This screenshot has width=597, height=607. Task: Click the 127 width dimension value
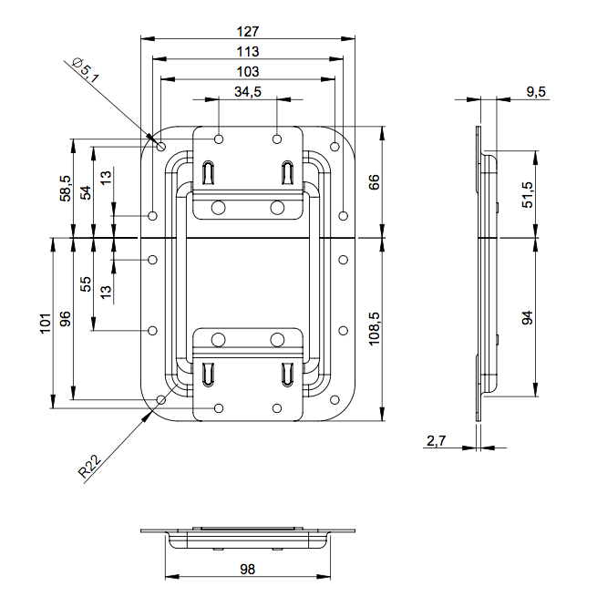247,29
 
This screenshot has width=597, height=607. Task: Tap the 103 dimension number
247,71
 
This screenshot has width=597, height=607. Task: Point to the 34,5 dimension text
248,91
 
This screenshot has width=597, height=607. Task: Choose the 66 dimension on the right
373,182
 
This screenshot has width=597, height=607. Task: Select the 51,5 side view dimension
528,195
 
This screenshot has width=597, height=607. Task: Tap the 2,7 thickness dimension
436,441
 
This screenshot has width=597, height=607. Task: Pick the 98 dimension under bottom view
247,569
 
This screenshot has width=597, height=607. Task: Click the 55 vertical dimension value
87,283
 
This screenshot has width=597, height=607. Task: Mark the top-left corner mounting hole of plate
161,146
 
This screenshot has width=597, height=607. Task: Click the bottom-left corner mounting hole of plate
161,399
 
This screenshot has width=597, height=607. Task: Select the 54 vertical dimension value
87,191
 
